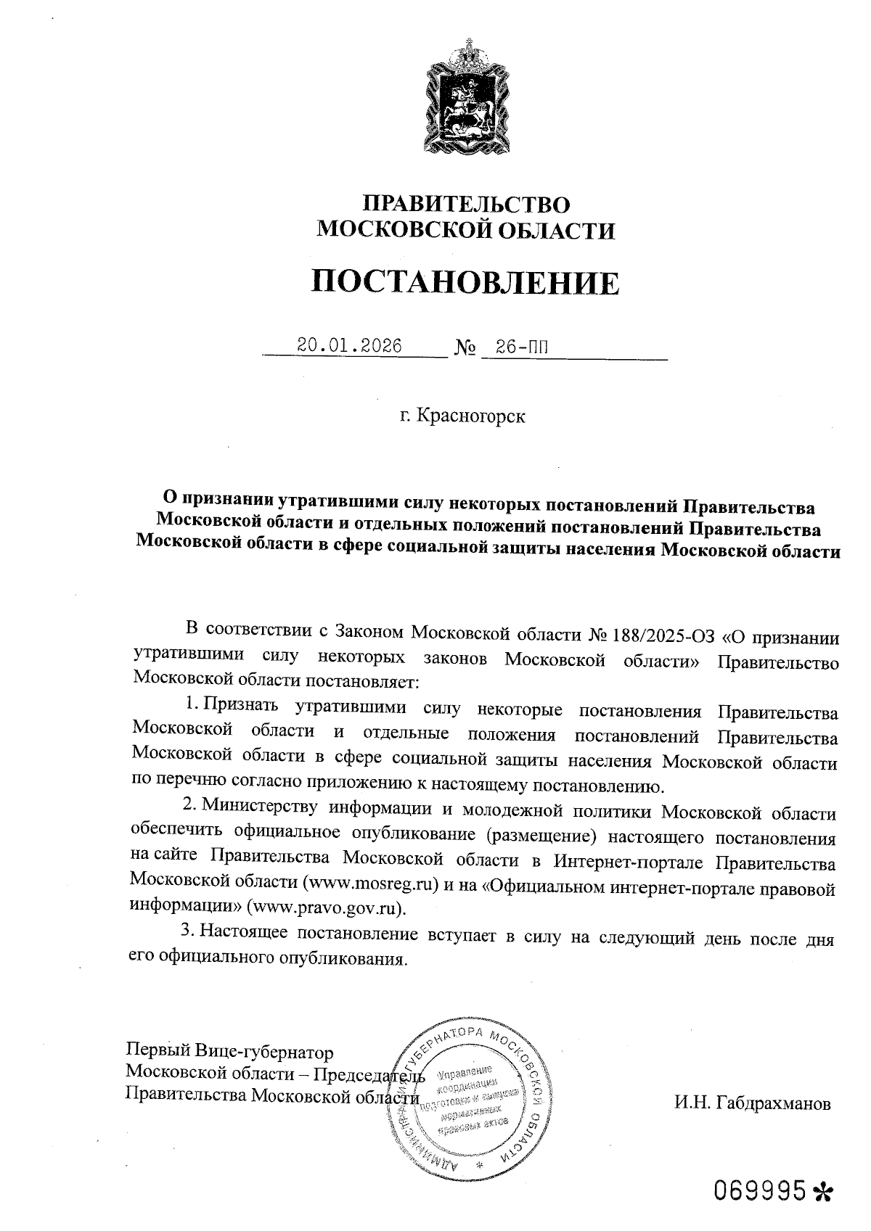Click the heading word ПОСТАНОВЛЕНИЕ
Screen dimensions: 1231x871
(465, 282)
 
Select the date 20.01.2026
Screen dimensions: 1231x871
(350, 345)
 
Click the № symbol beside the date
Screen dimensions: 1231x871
(465, 348)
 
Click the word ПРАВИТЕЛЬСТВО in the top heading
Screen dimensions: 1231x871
(465, 203)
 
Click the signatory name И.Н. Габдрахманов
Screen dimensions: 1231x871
(751, 1104)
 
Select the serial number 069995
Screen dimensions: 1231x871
(760, 1190)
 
